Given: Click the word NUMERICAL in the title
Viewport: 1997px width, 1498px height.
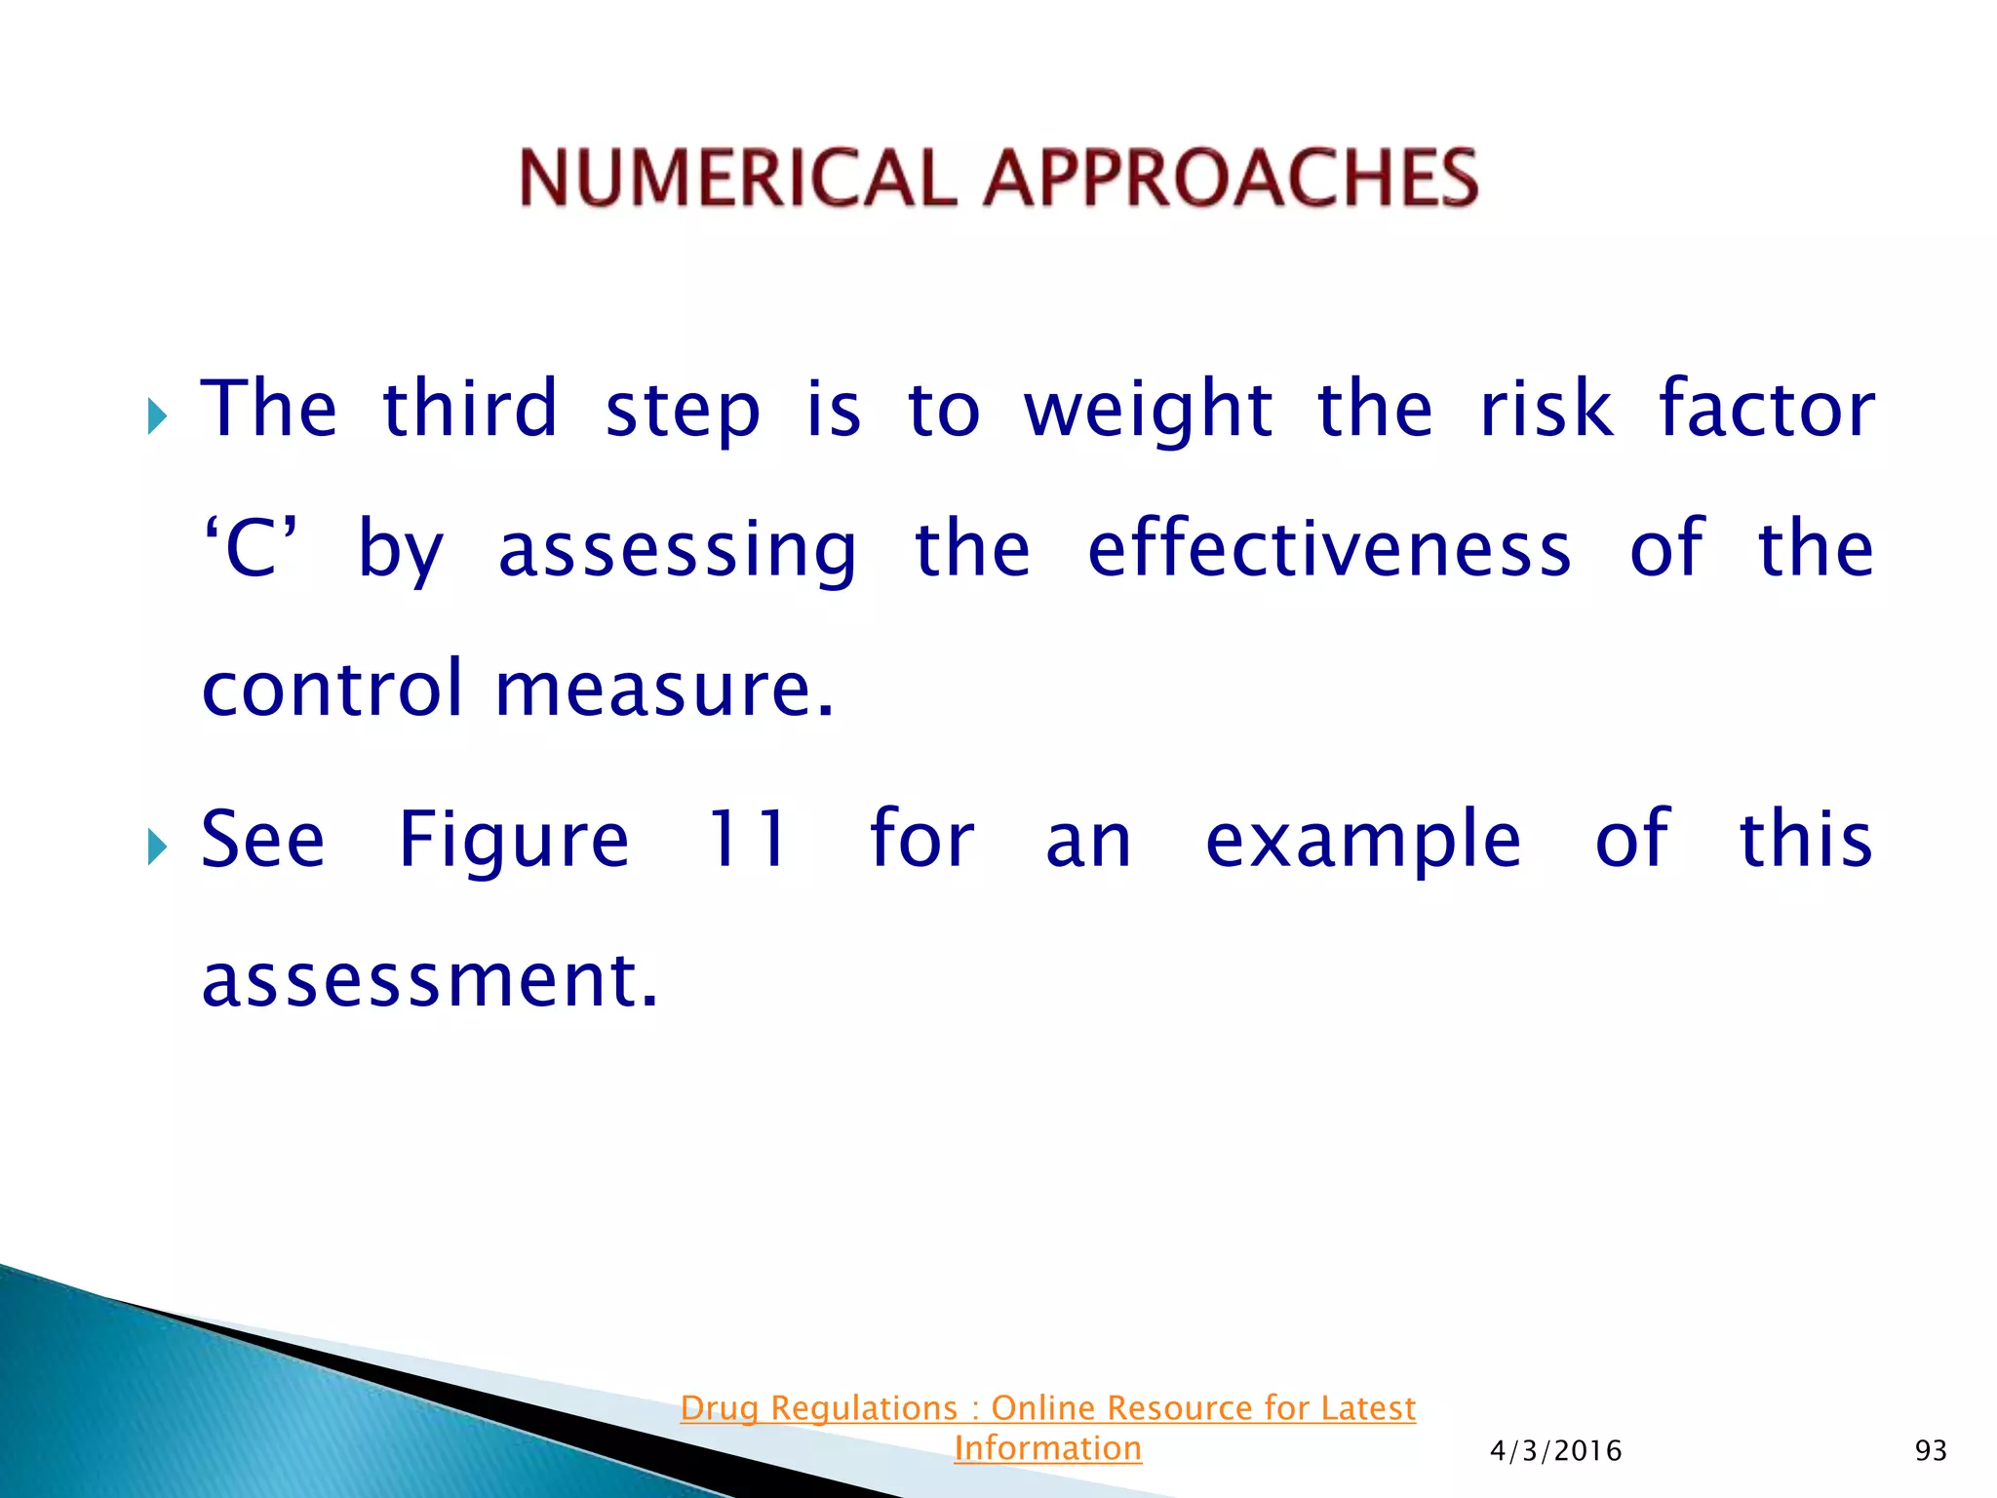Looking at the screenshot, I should pyautogui.click(x=737, y=178).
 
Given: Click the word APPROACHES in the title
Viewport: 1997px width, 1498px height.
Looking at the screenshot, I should pyautogui.click(x=1231, y=178).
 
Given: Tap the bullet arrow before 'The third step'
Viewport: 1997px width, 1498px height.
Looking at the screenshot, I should pyautogui.click(x=157, y=416).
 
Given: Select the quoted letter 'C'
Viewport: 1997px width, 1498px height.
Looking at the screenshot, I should pyautogui.click(x=251, y=549).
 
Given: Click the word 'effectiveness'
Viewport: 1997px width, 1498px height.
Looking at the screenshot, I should pyautogui.click(x=1329, y=549).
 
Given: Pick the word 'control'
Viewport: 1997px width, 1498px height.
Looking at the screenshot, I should pyautogui.click(x=332, y=689).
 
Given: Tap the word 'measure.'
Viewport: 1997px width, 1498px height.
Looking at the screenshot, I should pyautogui.click(x=665, y=689).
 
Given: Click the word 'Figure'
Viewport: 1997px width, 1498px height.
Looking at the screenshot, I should pyautogui.click(x=514, y=841).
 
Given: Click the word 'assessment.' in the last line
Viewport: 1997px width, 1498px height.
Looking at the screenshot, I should pyautogui.click(x=430, y=980).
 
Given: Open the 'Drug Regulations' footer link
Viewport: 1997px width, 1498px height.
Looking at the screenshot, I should pyautogui.click(x=1047, y=1407).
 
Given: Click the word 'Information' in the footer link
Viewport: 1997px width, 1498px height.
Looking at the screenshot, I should pyautogui.click(x=1047, y=1448).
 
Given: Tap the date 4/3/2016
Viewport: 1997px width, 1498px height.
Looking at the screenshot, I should pyautogui.click(x=1555, y=1451).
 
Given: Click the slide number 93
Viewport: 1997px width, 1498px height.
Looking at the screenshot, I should pyautogui.click(x=1931, y=1451).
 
